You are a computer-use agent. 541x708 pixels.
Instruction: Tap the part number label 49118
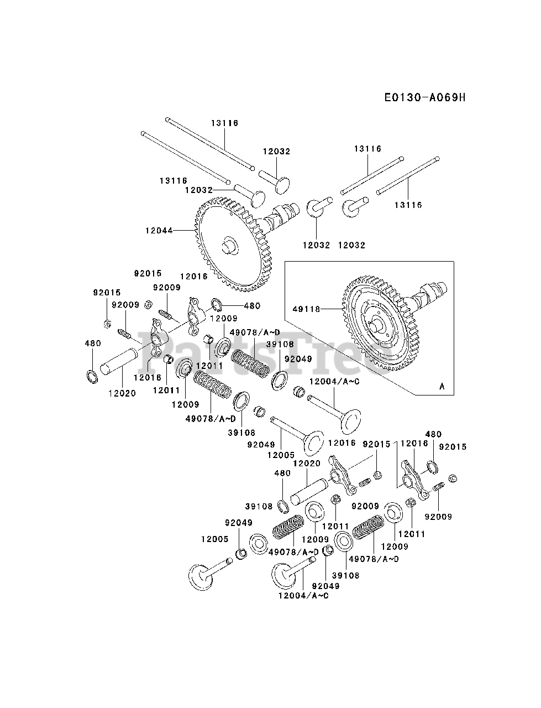[x=309, y=309]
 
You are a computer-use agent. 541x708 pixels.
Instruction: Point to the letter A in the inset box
[x=442, y=387]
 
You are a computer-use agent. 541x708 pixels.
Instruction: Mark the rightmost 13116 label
[x=408, y=205]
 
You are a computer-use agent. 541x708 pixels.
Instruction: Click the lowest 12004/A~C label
[x=303, y=595]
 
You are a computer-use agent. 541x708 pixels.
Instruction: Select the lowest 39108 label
[x=346, y=575]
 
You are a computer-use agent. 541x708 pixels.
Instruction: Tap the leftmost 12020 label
[x=122, y=393]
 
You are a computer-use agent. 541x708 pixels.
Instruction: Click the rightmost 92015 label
[x=453, y=446]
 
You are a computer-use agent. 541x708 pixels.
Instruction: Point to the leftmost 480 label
[x=93, y=343]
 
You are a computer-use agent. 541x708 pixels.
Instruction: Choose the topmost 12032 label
[x=276, y=151]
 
